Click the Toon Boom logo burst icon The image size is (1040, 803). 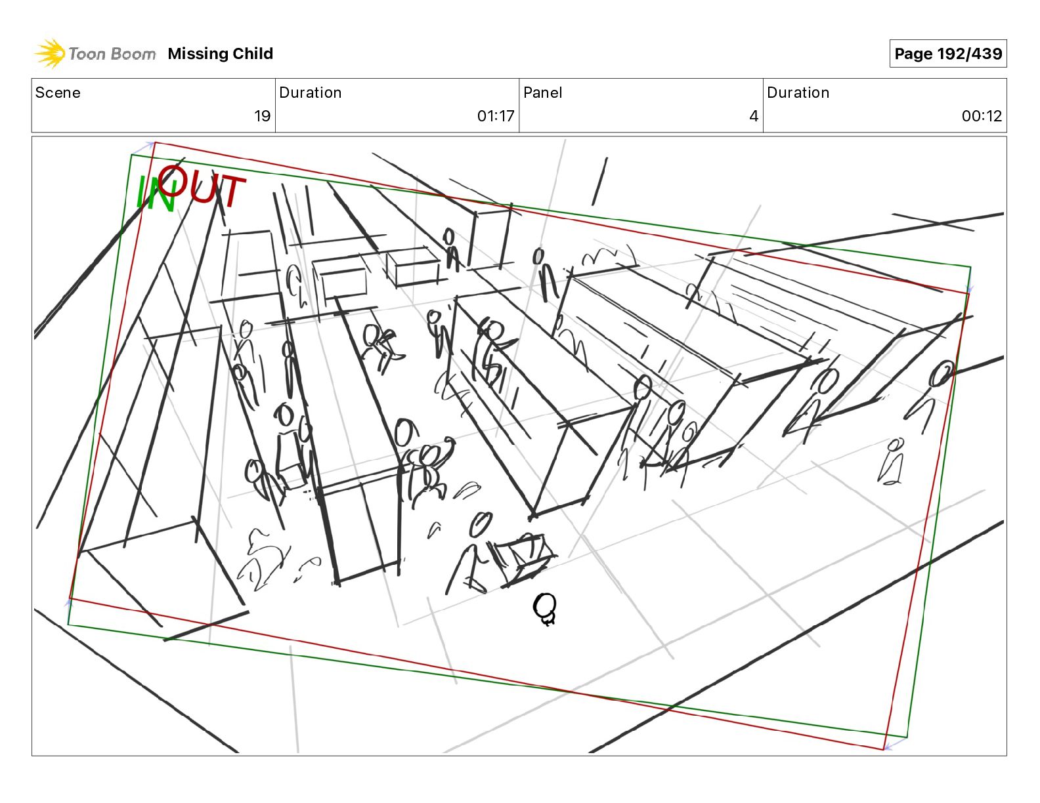click(50, 53)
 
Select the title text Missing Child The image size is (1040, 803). click(220, 54)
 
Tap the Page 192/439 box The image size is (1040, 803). click(947, 54)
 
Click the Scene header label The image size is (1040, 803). click(58, 93)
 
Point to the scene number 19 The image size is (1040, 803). click(262, 115)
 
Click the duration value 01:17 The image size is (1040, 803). click(495, 115)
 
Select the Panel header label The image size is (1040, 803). click(543, 93)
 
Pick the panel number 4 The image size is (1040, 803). click(754, 115)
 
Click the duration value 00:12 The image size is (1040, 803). click(982, 115)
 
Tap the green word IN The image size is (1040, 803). click(156, 194)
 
